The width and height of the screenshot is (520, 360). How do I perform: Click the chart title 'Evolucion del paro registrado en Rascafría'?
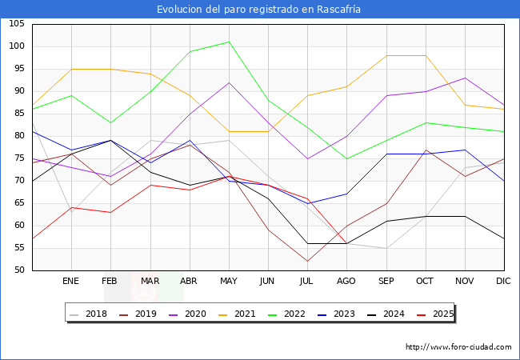(260, 9)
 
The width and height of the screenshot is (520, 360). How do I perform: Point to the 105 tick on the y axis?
(16, 24)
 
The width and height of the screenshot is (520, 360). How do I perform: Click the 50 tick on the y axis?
(18, 270)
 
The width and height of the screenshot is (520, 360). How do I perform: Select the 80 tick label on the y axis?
(18, 136)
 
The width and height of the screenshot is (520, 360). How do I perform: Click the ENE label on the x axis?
(71, 282)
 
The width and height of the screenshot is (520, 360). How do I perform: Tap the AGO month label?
(346, 282)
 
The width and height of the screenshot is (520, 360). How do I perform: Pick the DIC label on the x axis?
(503, 282)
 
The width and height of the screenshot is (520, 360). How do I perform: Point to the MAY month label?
(229, 282)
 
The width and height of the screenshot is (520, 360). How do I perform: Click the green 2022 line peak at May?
(229, 42)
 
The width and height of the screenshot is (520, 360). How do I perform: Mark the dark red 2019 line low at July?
(307, 261)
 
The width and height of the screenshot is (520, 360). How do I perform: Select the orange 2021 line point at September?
(386, 55)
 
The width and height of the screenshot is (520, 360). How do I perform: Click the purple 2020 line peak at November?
(464, 78)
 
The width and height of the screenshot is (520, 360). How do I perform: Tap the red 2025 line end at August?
(346, 243)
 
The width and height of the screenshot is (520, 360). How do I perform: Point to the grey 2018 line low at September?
(386, 248)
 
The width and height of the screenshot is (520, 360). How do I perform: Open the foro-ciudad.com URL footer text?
(458, 347)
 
